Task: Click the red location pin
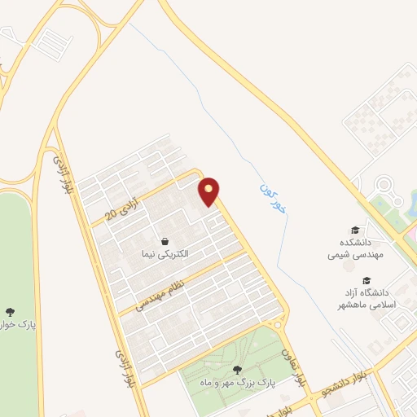(x=210, y=191)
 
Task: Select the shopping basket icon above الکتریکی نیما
(x=165, y=241)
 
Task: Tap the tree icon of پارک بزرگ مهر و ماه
(x=237, y=368)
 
